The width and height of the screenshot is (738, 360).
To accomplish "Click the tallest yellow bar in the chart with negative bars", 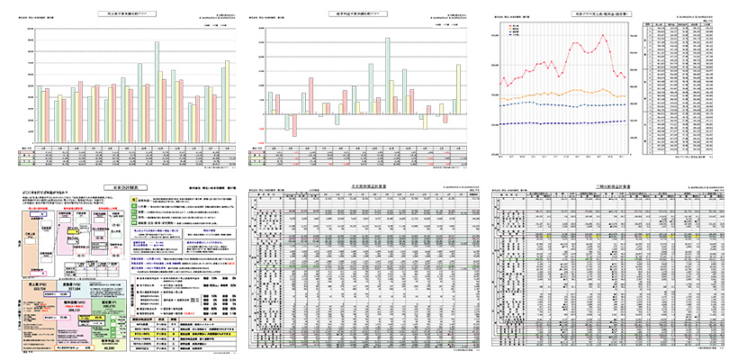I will click(457, 90).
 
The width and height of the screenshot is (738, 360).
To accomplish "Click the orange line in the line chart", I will click(558, 92).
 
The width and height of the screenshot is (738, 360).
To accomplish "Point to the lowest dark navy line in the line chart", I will click(558, 122).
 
